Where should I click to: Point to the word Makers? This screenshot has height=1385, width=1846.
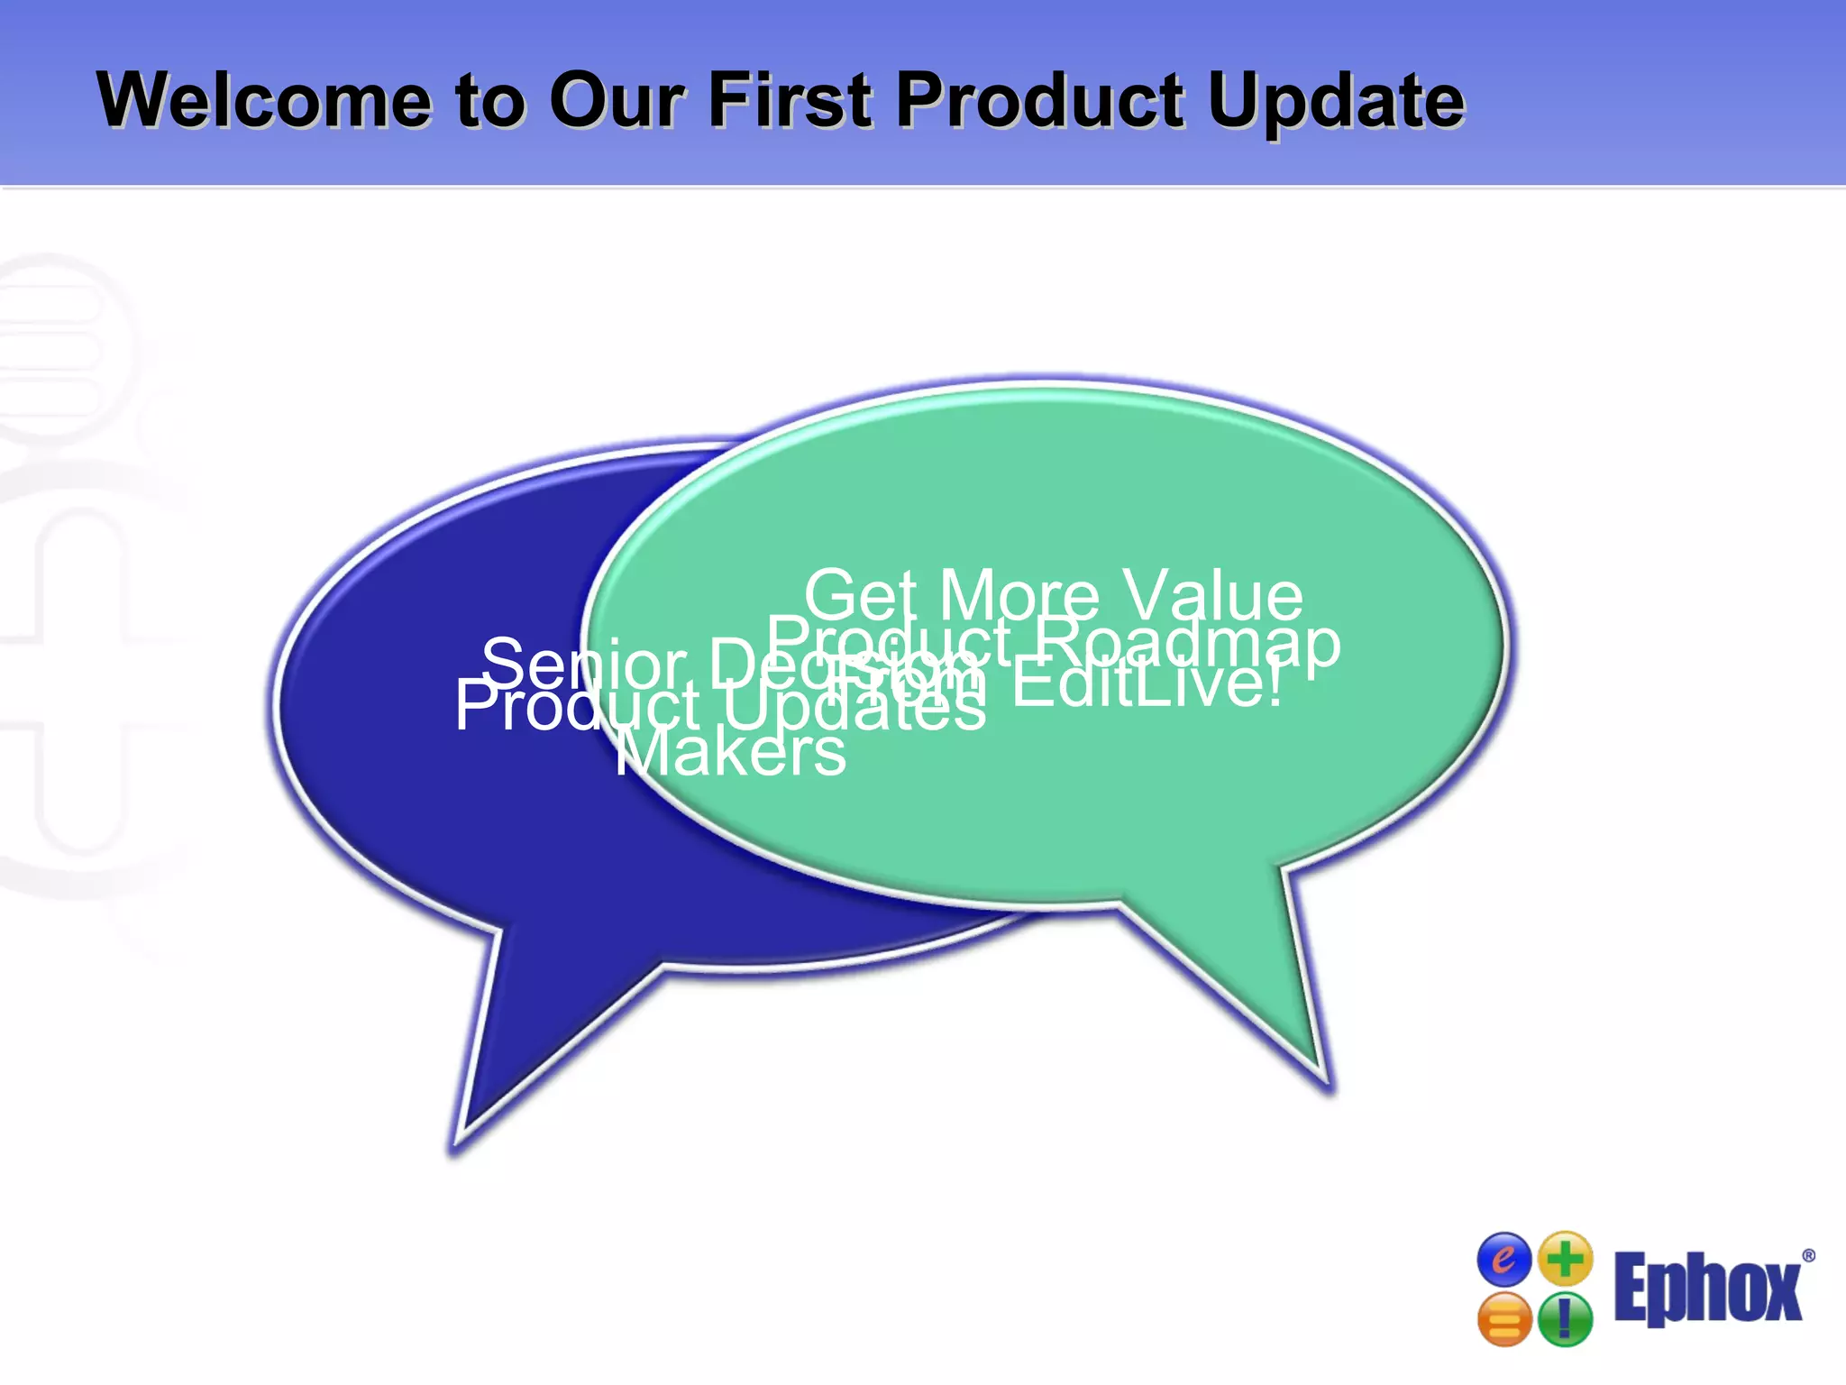click(730, 752)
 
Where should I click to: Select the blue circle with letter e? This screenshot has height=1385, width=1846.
click(1503, 1259)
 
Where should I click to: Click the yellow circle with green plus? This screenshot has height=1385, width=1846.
click(1566, 1258)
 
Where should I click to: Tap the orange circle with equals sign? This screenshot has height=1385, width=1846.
click(1504, 1320)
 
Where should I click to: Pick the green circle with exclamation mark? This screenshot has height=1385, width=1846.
click(1565, 1320)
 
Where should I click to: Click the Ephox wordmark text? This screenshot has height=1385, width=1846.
click(1707, 1289)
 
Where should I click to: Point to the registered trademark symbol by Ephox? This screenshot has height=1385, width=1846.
click(1808, 1256)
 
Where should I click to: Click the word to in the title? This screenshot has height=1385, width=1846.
click(489, 101)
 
